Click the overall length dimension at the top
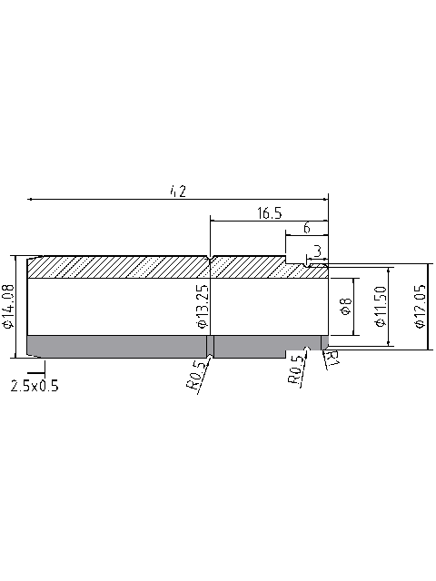click(x=177, y=190)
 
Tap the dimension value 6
click(x=307, y=227)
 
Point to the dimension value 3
click(x=316, y=249)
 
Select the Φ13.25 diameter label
click(x=202, y=307)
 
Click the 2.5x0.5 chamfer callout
click(x=35, y=386)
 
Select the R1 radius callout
click(x=332, y=359)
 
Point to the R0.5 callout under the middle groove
click(x=196, y=375)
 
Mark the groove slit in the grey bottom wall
click(x=210, y=346)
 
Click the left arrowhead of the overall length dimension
click(x=31, y=197)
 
